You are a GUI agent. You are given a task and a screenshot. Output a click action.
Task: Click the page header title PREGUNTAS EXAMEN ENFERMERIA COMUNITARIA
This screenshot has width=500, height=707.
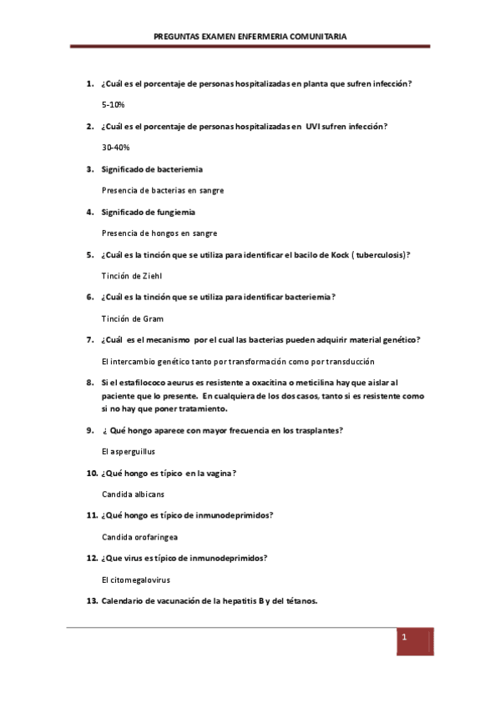(x=250, y=37)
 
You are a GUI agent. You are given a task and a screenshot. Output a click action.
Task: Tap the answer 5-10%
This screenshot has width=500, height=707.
(x=113, y=104)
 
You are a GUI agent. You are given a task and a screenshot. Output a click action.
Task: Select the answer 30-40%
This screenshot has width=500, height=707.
(x=116, y=147)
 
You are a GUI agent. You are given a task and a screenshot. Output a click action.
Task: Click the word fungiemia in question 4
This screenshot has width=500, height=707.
(x=171, y=212)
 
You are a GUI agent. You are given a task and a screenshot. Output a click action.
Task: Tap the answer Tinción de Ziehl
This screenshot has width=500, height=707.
(x=132, y=275)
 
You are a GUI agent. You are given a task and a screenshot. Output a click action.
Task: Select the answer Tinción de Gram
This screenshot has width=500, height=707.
(x=132, y=318)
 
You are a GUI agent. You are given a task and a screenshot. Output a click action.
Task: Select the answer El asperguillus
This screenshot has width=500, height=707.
(x=128, y=451)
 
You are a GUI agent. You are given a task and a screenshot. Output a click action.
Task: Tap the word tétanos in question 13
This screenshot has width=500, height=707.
(x=298, y=601)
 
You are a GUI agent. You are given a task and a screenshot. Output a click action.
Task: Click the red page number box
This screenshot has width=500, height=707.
(x=414, y=640)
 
